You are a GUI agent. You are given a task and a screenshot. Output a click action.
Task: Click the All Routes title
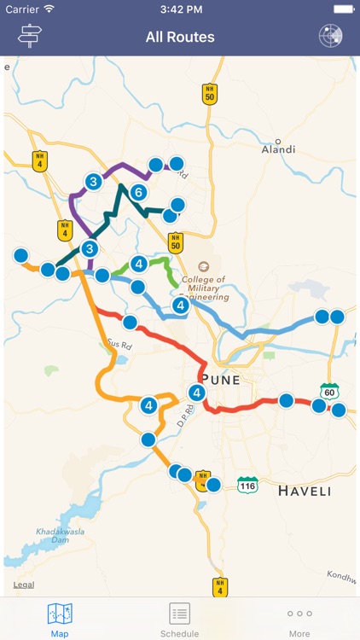(180, 37)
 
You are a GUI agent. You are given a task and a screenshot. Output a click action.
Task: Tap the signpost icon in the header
(30, 36)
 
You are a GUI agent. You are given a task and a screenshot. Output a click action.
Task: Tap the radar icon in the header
(330, 36)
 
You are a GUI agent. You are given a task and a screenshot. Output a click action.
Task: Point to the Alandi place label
(278, 149)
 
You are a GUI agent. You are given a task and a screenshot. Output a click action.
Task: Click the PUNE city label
(220, 379)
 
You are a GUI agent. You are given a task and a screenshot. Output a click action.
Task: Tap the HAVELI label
(304, 492)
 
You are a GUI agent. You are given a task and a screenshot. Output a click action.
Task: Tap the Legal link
(24, 585)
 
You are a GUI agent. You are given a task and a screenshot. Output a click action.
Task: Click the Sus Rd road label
(119, 346)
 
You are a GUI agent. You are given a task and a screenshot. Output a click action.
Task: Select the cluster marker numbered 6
(138, 193)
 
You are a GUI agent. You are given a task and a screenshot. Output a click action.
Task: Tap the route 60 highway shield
(330, 391)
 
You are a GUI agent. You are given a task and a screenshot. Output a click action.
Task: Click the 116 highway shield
(247, 484)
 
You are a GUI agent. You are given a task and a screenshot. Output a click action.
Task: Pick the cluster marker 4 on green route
(139, 264)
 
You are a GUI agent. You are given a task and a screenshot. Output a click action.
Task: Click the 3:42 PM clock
(179, 9)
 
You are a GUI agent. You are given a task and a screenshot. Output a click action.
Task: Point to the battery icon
(344, 9)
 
